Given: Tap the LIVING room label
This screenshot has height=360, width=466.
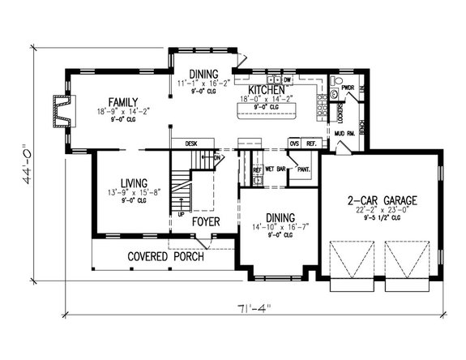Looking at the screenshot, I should coord(114,183).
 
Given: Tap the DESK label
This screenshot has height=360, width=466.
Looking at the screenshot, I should coord(191,144).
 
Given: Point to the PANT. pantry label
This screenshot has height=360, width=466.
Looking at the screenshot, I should coord(304,169).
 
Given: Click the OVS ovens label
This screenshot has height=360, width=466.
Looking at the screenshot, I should coord(295,144).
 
